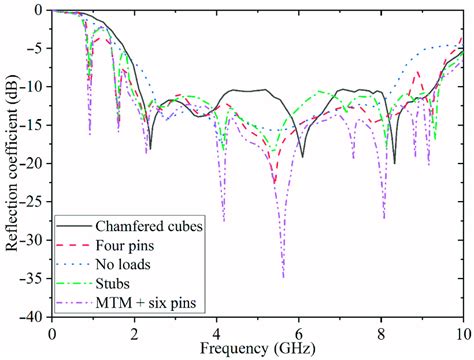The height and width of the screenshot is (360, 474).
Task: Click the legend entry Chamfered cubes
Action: tap(150, 226)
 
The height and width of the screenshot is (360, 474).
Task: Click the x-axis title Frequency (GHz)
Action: tap(257, 349)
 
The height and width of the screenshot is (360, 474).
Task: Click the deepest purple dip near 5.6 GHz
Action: tap(283, 277)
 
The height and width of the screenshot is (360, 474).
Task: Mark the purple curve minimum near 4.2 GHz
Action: tap(224, 221)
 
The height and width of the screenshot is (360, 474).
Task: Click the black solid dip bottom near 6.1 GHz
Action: tap(303, 156)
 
